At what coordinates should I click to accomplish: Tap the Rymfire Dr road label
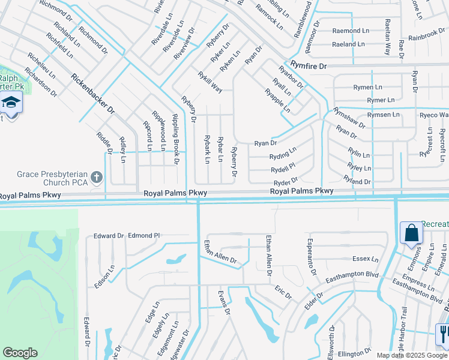point(309,65)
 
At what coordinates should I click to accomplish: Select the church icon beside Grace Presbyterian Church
point(97,178)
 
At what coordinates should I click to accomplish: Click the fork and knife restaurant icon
point(443,333)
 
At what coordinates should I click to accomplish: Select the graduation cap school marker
point(10,104)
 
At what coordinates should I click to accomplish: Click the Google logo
point(20,352)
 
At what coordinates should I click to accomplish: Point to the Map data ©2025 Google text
point(412,355)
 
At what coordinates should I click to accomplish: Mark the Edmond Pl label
point(144,236)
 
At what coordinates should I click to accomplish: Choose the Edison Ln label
point(110,275)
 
